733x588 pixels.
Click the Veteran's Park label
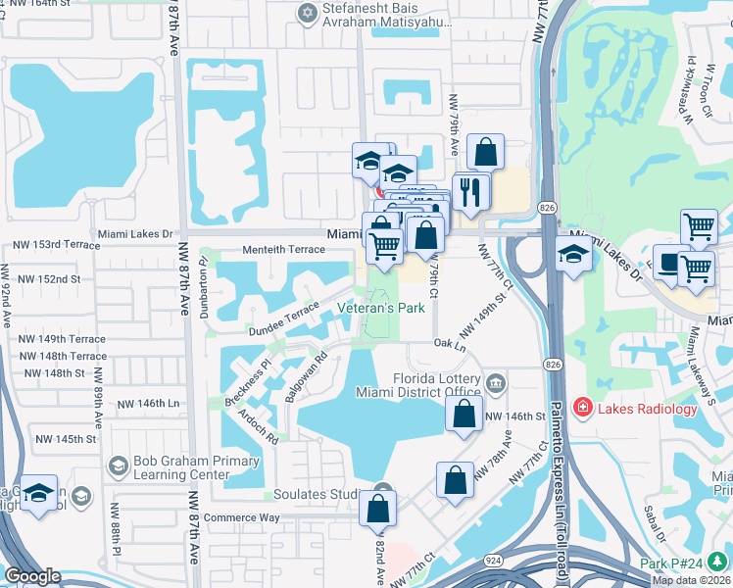[381, 308]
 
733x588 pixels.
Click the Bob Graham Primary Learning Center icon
[120, 465]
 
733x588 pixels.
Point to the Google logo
[32, 576]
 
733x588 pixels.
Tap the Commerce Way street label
[242, 517]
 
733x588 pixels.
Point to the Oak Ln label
[449, 344]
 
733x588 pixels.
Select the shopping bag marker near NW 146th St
[464, 413]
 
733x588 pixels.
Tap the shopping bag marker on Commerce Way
[377, 509]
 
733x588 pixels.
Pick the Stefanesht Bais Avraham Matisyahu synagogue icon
[307, 13]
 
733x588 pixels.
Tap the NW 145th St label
[65, 438]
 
